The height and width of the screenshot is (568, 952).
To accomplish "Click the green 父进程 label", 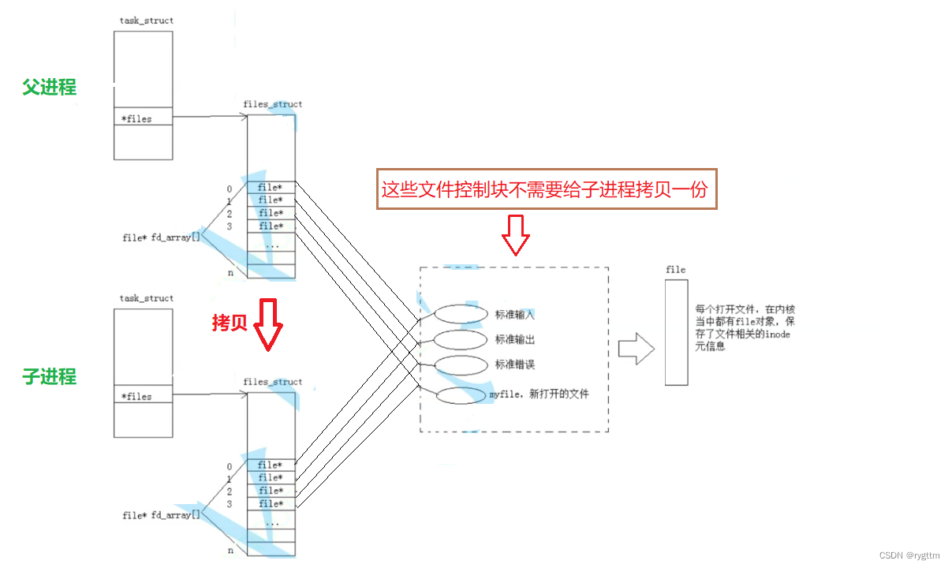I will pos(50,88).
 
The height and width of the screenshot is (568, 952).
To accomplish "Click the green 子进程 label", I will pos(50,377).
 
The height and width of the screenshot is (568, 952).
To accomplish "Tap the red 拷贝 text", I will pos(230,323).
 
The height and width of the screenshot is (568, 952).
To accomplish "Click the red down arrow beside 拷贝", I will pos(268,324).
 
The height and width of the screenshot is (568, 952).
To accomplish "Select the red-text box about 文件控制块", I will pos(547,189).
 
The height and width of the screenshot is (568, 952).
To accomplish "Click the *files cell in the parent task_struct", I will pos(143,119).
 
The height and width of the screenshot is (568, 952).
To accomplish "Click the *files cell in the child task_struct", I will pos(143,396).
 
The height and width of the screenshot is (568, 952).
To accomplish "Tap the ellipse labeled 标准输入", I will pos(461,314).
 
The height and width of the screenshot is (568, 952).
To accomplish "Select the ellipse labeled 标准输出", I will pos(461,340).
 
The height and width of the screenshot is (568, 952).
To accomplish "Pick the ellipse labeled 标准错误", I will pos(461,365).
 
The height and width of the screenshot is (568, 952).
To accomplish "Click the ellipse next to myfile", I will pos(462,395).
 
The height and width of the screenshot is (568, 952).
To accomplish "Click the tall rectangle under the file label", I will pos(676,331).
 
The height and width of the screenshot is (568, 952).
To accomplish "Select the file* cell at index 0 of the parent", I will pos(271,188).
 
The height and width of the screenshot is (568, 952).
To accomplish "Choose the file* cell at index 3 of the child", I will pos(271,503).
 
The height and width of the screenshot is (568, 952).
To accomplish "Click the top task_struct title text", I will pos(146,21).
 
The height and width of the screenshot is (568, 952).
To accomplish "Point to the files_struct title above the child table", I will pos(272,382).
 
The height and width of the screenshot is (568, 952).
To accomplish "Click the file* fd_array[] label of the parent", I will pos(161,237).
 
